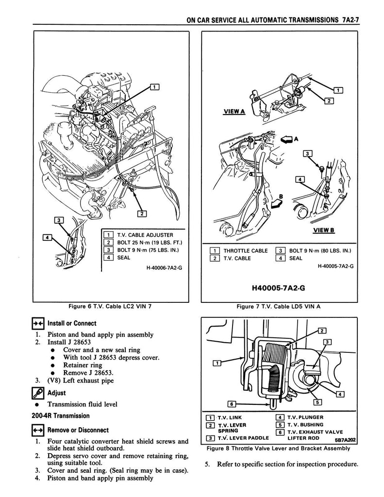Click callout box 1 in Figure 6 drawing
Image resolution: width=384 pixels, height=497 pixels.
[x=155, y=87]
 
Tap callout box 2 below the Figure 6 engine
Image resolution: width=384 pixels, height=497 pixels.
[x=141, y=213]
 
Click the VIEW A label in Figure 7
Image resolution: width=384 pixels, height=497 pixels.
[x=233, y=112]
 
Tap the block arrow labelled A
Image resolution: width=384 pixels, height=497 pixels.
[x=288, y=139]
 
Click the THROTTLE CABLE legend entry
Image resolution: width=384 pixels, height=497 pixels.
[x=245, y=251]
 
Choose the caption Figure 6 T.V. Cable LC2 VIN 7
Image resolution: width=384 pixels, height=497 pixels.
[x=111, y=307]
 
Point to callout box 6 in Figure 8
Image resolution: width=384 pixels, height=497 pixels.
[x=232, y=404]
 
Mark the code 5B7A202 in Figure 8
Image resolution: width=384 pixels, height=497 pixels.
[x=345, y=440]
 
